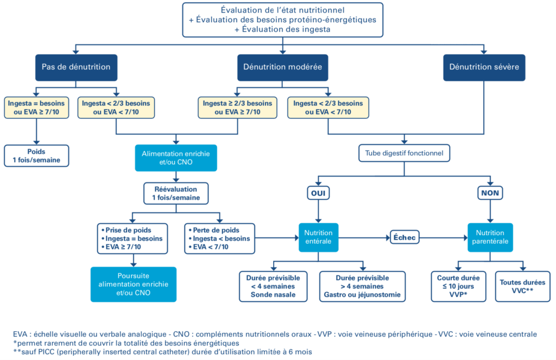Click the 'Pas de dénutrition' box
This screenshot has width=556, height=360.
point(76,67)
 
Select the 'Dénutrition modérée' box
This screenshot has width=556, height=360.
point(282,67)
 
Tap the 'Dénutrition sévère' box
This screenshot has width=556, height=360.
point(484,67)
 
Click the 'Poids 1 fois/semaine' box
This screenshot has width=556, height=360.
point(36,156)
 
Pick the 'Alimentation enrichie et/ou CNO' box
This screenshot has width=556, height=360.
point(176,158)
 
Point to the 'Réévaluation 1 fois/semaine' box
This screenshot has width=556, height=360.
point(176,193)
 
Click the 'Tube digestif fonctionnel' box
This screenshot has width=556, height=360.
point(404,153)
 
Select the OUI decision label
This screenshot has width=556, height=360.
point(318,193)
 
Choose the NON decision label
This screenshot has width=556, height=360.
point(490,193)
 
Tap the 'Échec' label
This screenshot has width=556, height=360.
point(405,237)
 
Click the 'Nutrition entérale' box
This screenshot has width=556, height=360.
point(318,237)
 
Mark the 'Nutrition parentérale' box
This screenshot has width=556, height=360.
point(490,237)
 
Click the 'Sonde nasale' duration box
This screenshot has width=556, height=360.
point(273,287)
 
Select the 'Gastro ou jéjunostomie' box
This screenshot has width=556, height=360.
point(362,287)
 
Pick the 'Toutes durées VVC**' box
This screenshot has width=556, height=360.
point(523,287)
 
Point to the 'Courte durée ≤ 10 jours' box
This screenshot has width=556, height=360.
point(458,287)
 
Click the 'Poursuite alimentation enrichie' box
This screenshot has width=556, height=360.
point(134,285)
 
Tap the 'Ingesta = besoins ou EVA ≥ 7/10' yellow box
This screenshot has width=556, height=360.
point(36,108)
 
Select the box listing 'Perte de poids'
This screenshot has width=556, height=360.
point(219,239)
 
